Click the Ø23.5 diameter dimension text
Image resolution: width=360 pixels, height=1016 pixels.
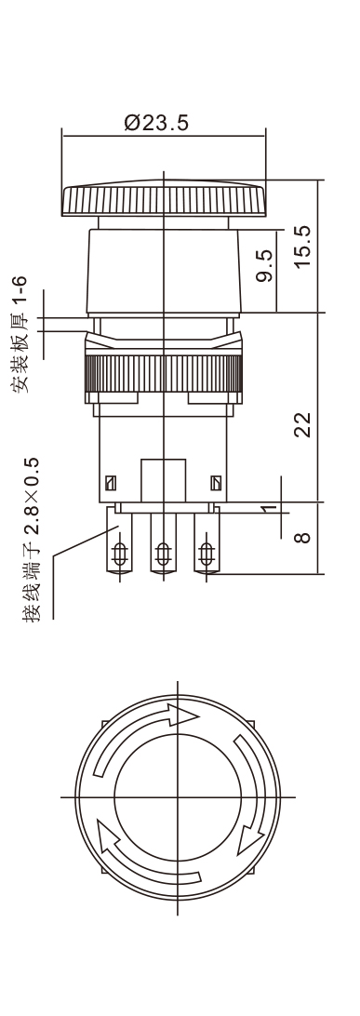coord(156,123)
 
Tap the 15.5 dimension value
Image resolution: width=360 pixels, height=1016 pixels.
coord(302,247)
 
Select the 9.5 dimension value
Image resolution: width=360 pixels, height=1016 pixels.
coord(265,266)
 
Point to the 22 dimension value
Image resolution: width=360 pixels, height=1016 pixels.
coord(302,424)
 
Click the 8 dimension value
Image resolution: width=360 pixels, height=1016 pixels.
coord(303,537)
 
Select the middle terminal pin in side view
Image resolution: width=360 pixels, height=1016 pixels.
coord(163,543)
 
